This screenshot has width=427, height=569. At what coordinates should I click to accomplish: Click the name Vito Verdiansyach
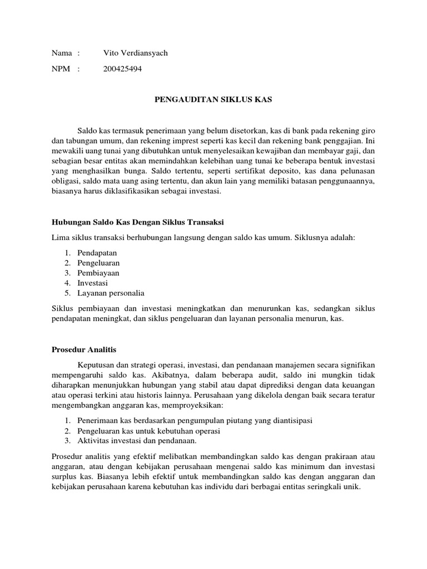pyautogui.click(x=135, y=53)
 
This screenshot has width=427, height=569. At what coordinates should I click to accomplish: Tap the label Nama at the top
pyautogui.click(x=62, y=53)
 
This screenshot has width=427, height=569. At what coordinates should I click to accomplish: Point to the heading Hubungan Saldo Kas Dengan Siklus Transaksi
pyautogui.click(x=137, y=222)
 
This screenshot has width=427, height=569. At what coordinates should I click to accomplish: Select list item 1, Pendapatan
pyautogui.click(x=93, y=252)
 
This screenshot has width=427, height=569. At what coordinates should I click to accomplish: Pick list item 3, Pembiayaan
pyautogui.click(x=98, y=273)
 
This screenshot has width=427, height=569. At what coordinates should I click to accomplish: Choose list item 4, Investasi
pyautogui.click(x=92, y=283)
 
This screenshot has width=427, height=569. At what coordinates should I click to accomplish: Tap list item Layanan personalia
pyautogui.click(x=111, y=293)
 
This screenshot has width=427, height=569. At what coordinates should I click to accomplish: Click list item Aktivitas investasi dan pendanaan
pyautogui.click(x=137, y=441)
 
